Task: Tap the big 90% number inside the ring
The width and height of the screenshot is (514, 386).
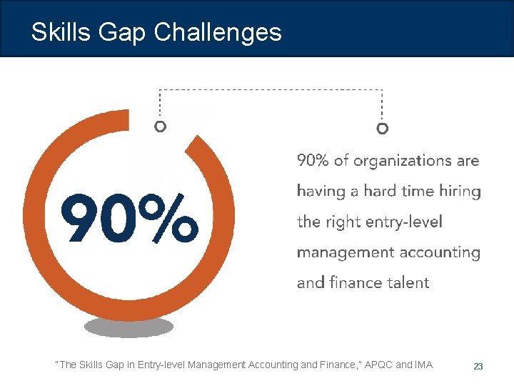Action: [x=128, y=217]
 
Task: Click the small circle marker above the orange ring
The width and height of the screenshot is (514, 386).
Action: [x=161, y=127]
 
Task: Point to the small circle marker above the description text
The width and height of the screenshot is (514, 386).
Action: [x=383, y=129]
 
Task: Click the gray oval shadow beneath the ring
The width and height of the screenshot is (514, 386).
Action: [x=128, y=327]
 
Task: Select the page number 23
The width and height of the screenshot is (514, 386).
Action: [x=478, y=366]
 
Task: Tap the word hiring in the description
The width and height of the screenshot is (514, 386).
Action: [x=458, y=192]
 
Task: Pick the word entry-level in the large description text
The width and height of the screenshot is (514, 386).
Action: [x=405, y=222]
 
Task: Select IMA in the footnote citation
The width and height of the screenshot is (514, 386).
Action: [x=423, y=365]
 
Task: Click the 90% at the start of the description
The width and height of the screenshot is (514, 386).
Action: [x=313, y=162]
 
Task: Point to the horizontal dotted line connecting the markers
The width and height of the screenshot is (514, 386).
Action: [x=271, y=90]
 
